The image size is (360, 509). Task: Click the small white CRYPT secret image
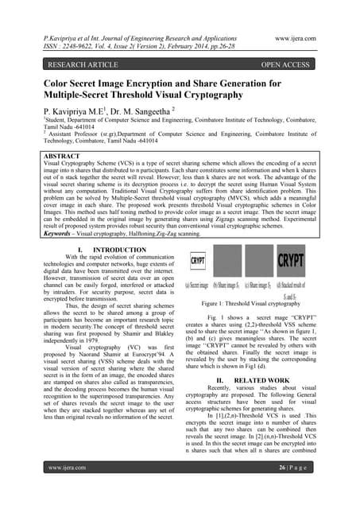(199, 260)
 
